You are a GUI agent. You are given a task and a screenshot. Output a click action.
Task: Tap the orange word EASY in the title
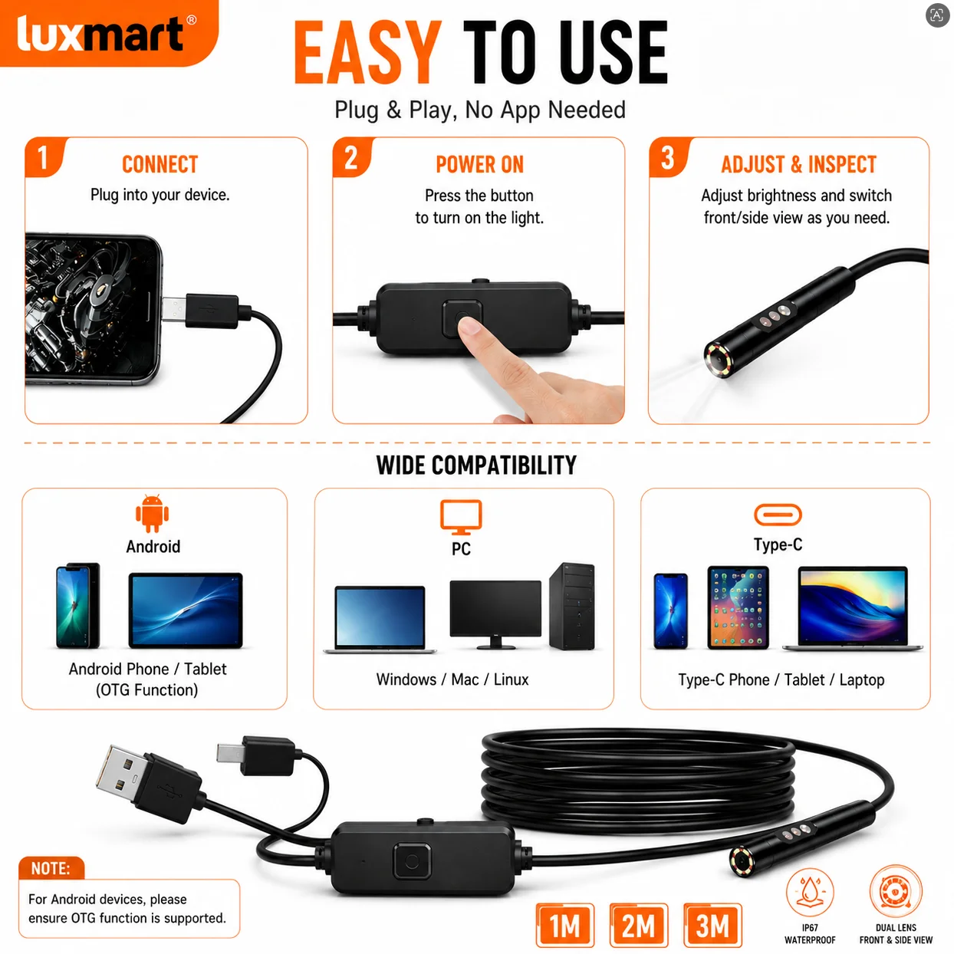click(x=367, y=52)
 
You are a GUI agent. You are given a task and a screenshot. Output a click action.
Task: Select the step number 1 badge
click(x=44, y=157)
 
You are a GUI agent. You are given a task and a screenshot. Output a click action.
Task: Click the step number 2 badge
click(x=352, y=157)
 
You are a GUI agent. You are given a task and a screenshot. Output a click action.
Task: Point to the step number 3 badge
click(x=669, y=157)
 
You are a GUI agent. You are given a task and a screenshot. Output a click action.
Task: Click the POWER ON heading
click(x=479, y=164)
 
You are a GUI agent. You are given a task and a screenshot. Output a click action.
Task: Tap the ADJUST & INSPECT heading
click(x=798, y=164)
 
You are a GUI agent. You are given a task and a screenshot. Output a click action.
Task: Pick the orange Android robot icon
click(x=152, y=513)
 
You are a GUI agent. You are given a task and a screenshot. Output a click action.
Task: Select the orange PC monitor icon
click(x=461, y=516)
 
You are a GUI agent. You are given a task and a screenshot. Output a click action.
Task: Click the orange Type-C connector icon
click(x=778, y=515)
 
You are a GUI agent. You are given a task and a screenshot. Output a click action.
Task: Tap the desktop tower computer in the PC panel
click(x=572, y=606)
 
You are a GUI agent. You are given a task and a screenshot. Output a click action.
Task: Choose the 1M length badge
click(x=565, y=925)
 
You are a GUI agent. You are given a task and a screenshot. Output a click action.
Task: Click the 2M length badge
click(x=639, y=925)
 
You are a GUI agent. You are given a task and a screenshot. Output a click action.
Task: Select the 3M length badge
click(x=712, y=925)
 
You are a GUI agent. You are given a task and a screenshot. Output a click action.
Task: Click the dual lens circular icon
click(x=896, y=892)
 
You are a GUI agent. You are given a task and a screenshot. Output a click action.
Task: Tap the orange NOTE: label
click(x=51, y=868)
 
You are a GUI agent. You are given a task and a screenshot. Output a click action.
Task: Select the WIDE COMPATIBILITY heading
click(x=476, y=465)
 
